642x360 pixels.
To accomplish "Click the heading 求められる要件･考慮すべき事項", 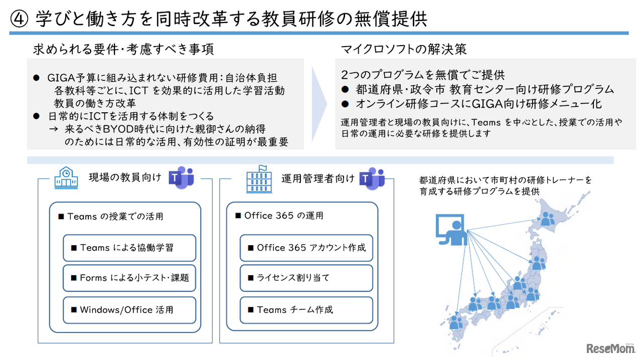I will pos(123,49).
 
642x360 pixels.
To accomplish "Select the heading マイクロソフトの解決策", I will pos(404,49).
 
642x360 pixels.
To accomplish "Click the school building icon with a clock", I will pos(66,178).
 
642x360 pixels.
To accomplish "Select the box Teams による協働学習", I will pos(129,248).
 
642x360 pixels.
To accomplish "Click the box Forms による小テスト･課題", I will pos(129,278).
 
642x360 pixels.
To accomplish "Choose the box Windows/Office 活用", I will pos(129,310).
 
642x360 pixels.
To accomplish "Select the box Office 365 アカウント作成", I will pos(306,248).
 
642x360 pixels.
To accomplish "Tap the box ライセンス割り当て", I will pos(306,278).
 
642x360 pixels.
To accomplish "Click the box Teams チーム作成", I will pos(306,310).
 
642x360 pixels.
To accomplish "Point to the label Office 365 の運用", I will pos(280,216).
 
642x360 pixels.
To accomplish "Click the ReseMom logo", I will pos(609,348).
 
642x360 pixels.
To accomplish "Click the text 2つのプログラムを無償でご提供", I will pos(422,75).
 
